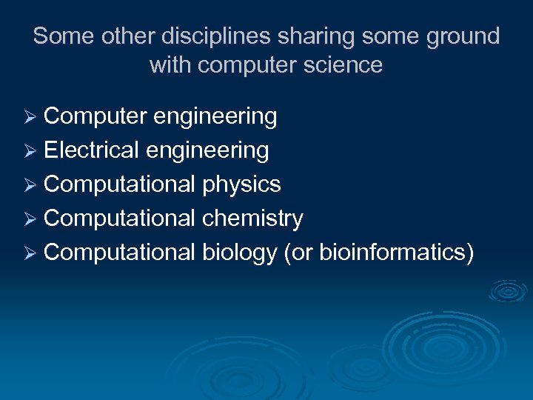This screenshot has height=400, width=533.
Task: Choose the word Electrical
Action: coord(91,150)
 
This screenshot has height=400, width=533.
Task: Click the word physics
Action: coord(241,184)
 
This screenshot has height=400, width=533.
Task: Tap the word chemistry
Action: coord(252,219)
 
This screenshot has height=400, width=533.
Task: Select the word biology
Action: coord(239,253)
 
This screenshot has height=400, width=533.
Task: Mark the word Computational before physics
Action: coord(119,184)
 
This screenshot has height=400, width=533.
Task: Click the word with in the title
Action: coord(171,65)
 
